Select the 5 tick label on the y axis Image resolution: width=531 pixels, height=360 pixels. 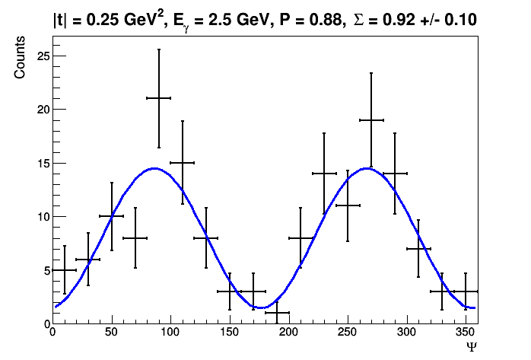(44, 270)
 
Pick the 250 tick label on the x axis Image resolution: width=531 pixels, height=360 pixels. (347, 332)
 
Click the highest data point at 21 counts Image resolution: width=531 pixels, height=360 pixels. (158, 98)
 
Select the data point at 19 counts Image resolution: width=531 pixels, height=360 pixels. (371, 119)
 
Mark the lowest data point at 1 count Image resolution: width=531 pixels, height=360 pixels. (276, 312)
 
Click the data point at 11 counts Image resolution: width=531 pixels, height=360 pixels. (348, 205)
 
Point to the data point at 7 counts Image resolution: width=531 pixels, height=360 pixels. (418, 248)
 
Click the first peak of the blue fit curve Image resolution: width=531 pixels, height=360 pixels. (154, 168)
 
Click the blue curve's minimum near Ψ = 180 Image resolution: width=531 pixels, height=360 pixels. (262, 307)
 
